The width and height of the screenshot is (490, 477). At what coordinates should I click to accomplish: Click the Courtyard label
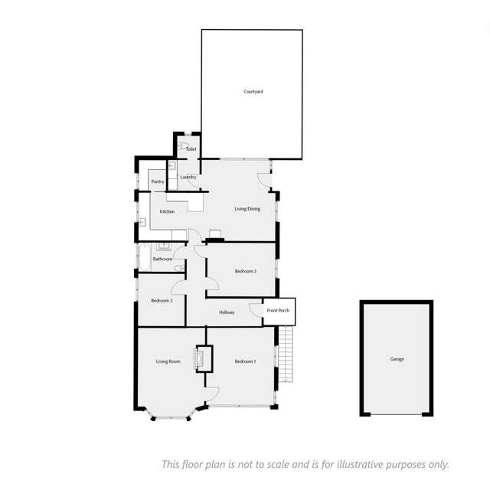(x=253, y=91)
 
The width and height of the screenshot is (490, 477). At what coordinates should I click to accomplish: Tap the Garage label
(x=397, y=359)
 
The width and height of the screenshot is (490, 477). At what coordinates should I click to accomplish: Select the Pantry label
(x=158, y=181)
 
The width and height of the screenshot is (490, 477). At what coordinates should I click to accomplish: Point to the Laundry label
(x=188, y=178)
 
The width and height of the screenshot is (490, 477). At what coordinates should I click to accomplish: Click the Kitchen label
(x=167, y=211)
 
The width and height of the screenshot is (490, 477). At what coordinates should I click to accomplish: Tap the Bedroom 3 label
(x=245, y=271)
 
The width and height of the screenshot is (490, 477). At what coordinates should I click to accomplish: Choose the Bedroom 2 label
(x=161, y=301)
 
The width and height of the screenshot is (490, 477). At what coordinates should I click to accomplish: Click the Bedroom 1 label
(x=245, y=361)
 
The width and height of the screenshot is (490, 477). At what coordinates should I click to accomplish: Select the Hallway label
(x=227, y=312)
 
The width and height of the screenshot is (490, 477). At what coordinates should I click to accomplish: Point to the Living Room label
(x=168, y=361)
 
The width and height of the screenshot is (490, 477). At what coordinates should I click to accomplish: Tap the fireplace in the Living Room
(x=204, y=359)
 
